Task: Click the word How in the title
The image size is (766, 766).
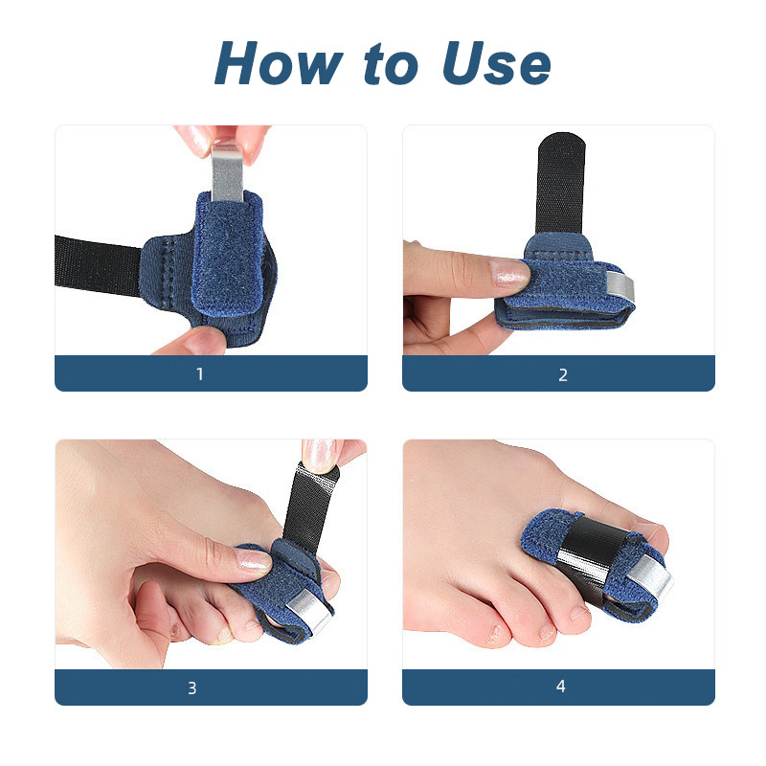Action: click(279, 63)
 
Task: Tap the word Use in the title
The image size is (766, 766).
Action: click(496, 63)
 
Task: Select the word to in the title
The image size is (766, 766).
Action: click(392, 64)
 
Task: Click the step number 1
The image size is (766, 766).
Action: click(200, 374)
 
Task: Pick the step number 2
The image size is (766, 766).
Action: click(563, 374)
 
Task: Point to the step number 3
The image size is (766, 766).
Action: click(192, 687)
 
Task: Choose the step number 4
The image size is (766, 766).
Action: click(561, 687)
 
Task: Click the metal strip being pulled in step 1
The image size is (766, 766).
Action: click(227, 173)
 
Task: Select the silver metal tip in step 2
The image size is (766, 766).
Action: click(620, 287)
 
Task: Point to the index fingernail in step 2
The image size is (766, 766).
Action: click(508, 272)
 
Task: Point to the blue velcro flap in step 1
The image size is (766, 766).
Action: click(228, 254)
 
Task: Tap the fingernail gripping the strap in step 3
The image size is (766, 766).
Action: click(319, 454)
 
